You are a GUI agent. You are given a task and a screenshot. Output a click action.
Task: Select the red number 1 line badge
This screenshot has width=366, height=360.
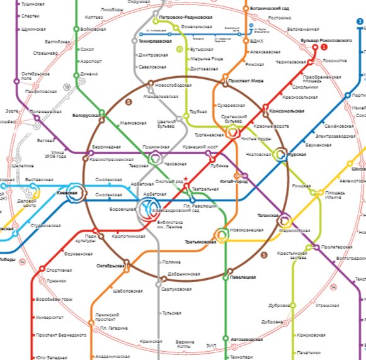(324, 47)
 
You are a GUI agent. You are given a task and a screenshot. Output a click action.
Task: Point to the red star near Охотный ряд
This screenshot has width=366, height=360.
(186, 179)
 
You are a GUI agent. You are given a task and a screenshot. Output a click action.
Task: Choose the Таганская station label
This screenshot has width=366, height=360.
(268, 215)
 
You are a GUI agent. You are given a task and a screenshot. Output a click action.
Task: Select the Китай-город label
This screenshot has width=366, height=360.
(232, 181)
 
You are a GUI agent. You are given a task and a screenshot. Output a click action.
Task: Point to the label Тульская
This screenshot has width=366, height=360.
(172, 313)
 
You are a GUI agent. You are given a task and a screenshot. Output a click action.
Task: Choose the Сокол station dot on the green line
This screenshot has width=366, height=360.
(76, 49)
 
